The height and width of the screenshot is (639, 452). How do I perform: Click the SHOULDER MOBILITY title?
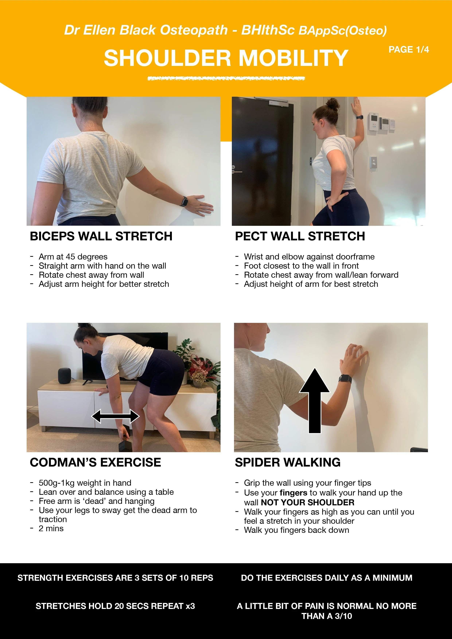(x=226, y=58)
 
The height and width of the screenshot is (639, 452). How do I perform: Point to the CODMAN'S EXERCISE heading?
(x=95, y=463)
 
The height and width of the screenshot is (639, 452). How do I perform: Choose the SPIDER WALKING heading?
(x=287, y=463)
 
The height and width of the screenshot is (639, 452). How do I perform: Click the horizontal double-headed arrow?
(x=115, y=417)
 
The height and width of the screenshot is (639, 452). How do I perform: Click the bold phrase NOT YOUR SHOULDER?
(x=307, y=502)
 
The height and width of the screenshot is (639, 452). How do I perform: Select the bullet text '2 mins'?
(x=51, y=528)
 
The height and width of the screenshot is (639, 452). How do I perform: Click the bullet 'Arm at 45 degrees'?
(x=73, y=257)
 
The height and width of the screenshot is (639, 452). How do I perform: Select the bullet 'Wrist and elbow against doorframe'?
(x=309, y=257)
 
